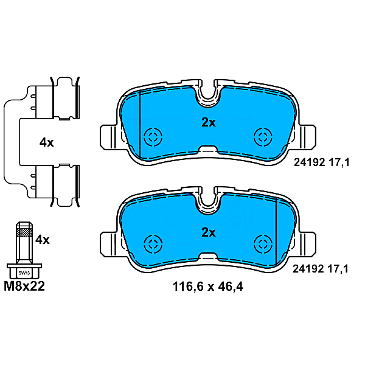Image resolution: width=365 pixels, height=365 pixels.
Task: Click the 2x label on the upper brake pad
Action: coord(209,122)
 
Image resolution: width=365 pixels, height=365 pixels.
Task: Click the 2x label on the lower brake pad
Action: coord(209,232)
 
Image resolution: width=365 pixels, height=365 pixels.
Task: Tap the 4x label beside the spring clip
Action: coord(46,142)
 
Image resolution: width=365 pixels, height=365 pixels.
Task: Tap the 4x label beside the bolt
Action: coord(42,240)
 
